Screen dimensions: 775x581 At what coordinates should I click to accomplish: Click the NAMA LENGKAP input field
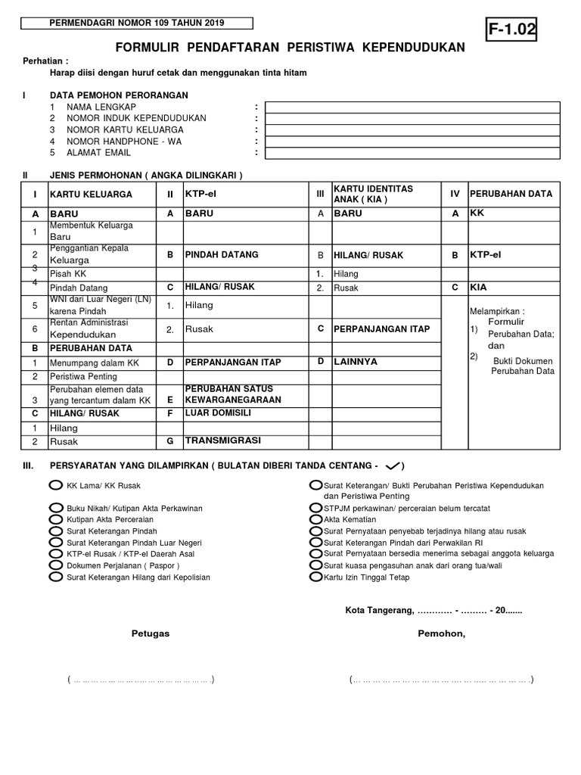click(414, 107)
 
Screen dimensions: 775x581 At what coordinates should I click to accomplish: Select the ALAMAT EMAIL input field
click(414, 153)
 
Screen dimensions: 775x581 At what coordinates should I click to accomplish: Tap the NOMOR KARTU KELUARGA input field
click(414, 130)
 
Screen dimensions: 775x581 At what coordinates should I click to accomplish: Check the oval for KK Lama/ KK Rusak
click(55, 485)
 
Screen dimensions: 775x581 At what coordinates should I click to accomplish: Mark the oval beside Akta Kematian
click(316, 520)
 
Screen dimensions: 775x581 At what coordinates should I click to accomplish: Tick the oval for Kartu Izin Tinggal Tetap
click(316, 577)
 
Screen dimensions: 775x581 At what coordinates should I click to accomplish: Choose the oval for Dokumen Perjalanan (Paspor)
click(55, 565)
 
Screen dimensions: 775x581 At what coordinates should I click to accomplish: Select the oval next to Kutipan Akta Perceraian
click(55, 520)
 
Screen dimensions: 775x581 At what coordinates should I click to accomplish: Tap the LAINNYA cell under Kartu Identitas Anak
click(356, 362)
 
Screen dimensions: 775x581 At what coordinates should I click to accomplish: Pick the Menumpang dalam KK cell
click(95, 363)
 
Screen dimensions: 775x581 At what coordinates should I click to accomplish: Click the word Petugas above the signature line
click(151, 633)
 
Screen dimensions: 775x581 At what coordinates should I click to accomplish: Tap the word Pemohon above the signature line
click(442, 633)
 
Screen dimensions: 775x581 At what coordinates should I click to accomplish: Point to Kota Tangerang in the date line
click(380, 610)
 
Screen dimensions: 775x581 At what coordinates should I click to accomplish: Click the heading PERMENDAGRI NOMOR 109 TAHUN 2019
click(137, 23)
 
